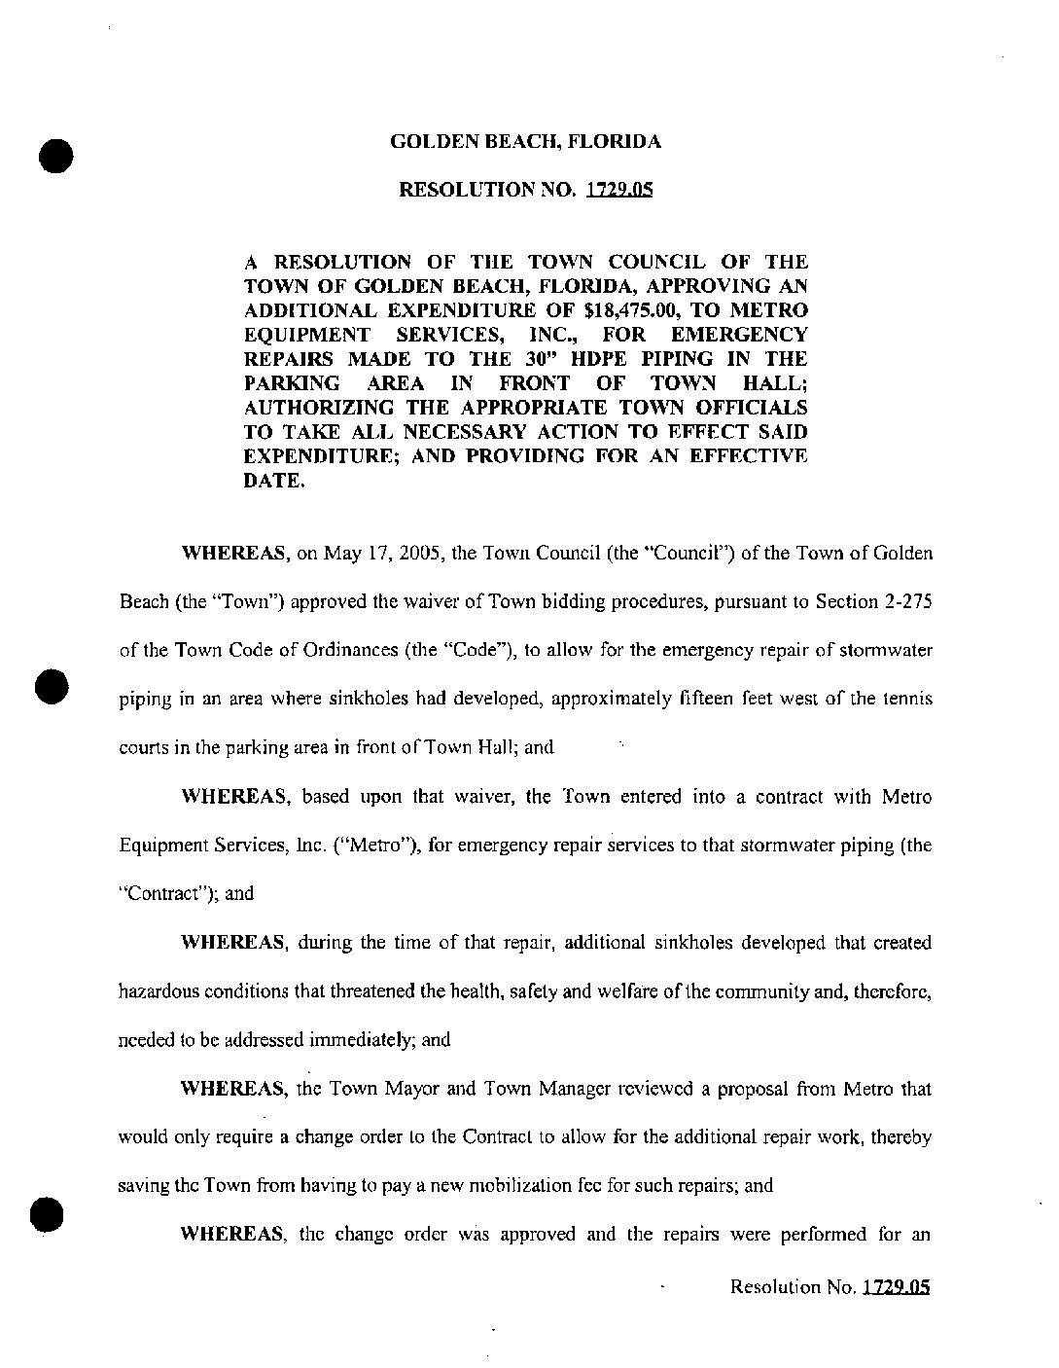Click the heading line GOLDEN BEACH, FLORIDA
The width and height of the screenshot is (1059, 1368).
coord(525,142)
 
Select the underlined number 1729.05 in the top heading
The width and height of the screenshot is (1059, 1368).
coord(619,190)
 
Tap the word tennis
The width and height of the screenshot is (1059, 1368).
coord(907,700)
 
